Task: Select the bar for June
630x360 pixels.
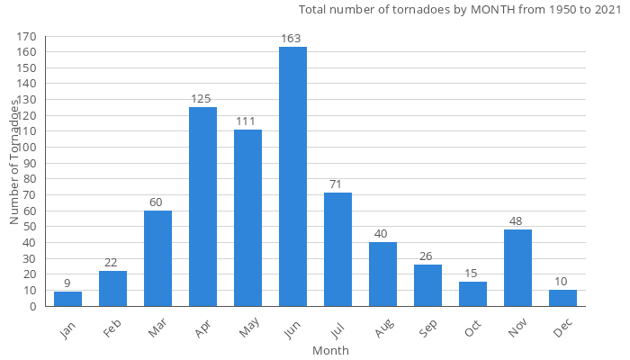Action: coord(292,176)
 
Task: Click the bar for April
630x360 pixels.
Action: coord(202,207)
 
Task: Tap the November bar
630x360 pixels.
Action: coord(517,267)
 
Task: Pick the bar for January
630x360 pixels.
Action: coord(67,299)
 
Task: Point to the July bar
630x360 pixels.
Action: coord(337,249)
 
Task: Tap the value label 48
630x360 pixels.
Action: coord(517,221)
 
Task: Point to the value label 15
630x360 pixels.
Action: coord(472,274)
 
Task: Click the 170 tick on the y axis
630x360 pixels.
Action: coord(26,37)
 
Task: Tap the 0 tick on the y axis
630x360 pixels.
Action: coord(32,306)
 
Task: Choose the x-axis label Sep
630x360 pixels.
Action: coord(428,329)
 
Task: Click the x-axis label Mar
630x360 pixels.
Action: coord(158,329)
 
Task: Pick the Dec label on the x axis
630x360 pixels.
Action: coord(563,329)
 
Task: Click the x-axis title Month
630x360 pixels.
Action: coord(330,350)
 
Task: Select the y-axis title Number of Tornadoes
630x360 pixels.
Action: coord(15,162)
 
